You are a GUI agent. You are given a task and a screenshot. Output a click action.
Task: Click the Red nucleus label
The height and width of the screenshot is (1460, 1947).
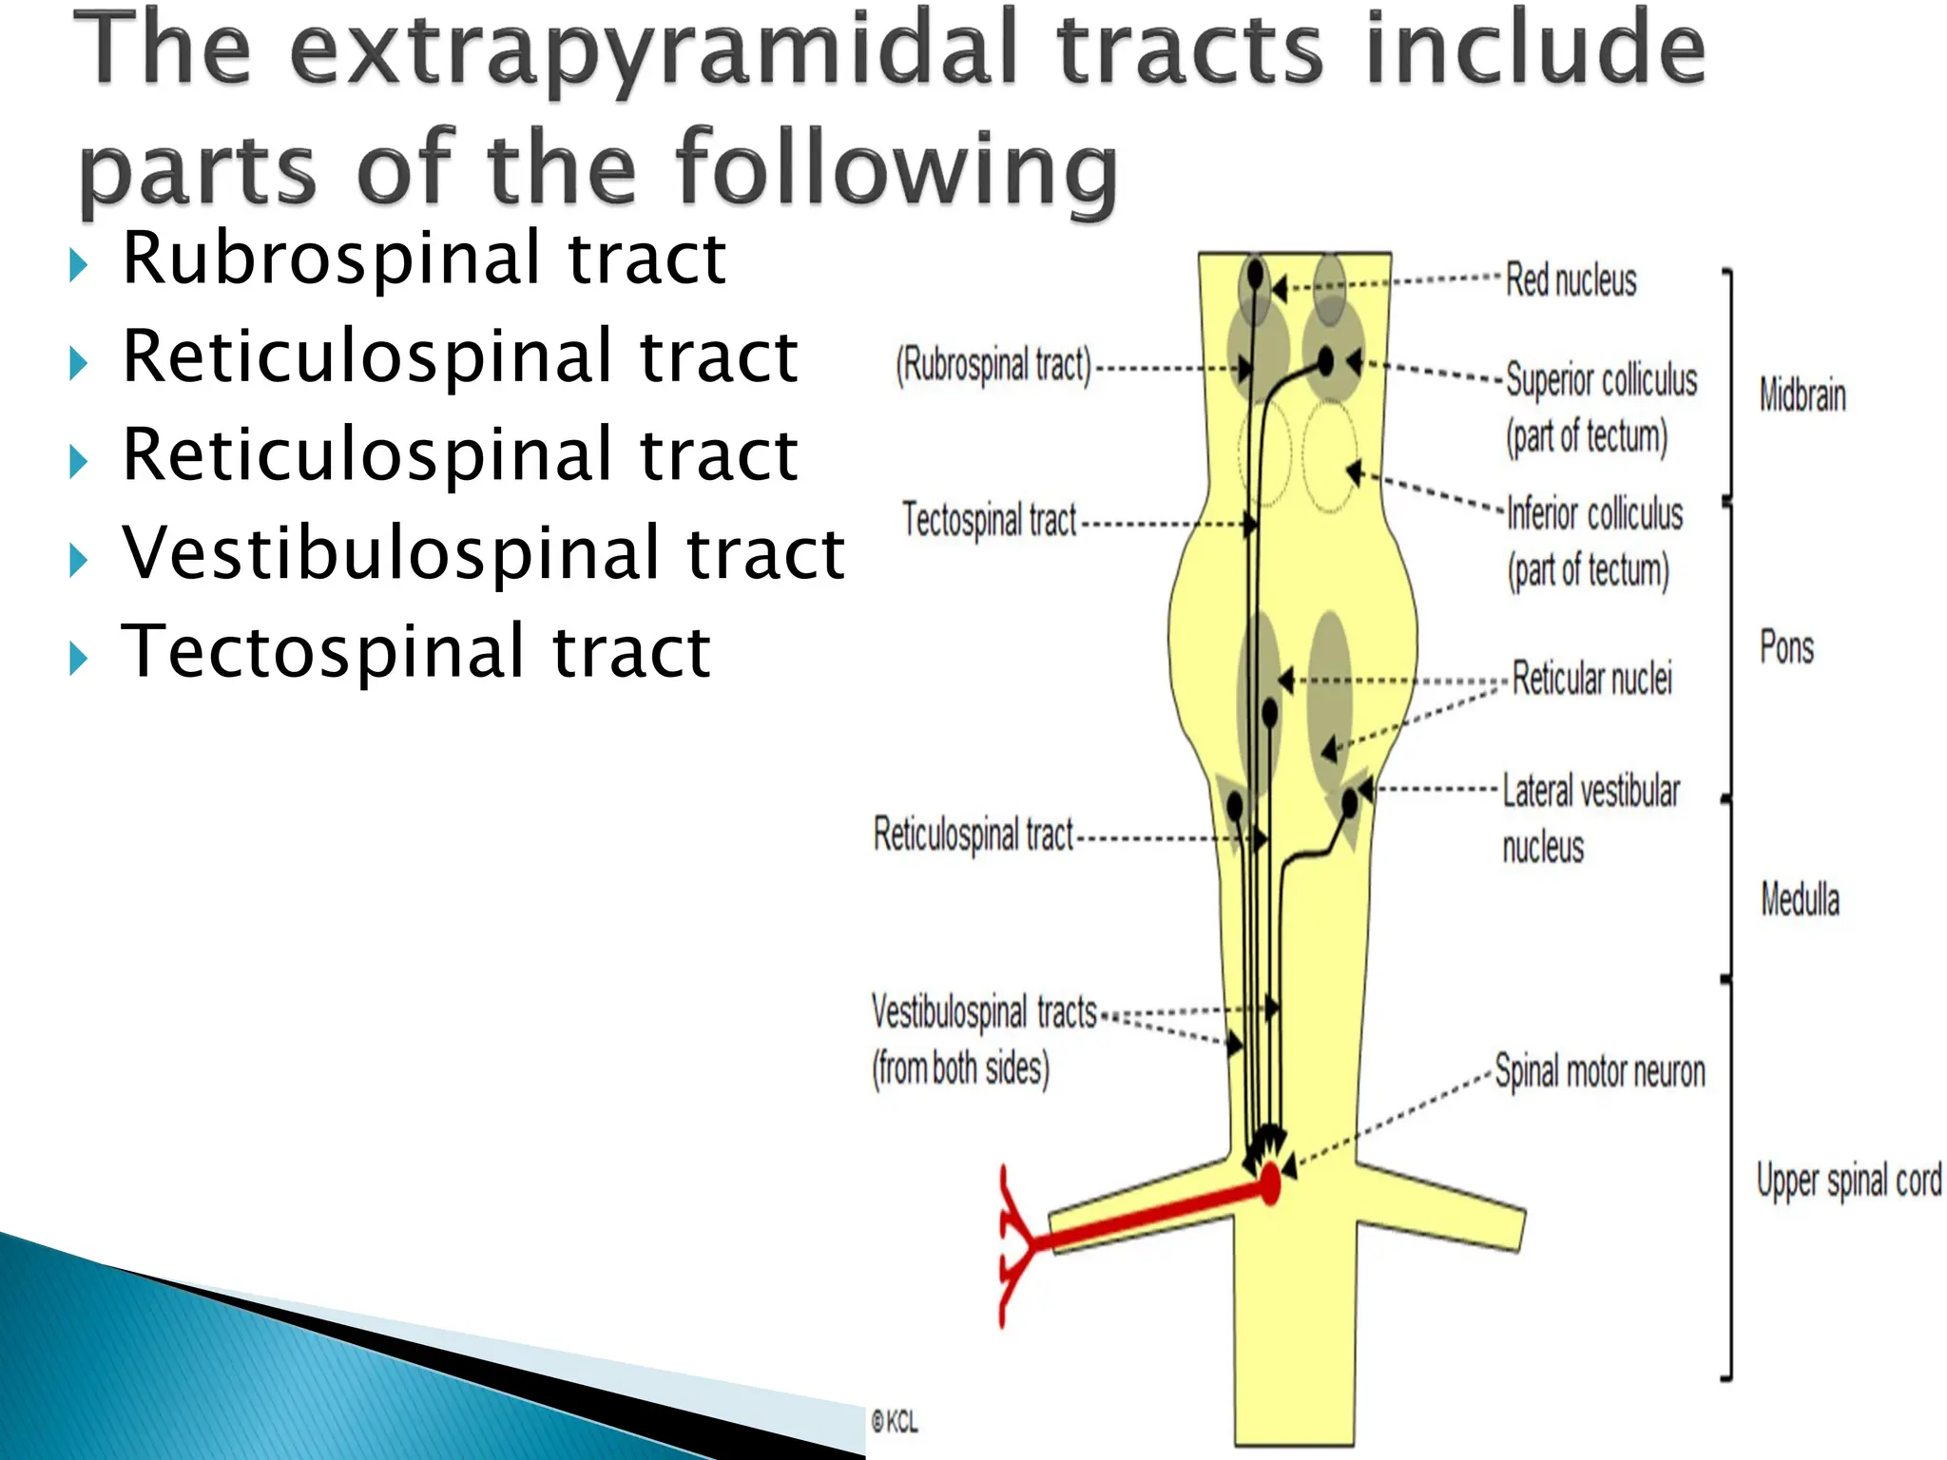[x=1571, y=280]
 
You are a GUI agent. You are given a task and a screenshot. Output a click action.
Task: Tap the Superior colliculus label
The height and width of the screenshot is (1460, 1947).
[x=1601, y=380]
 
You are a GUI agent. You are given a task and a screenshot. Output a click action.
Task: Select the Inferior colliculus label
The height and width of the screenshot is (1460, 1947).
[x=1594, y=514]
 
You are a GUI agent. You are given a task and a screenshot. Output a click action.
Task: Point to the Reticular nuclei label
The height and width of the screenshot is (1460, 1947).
[x=1591, y=679]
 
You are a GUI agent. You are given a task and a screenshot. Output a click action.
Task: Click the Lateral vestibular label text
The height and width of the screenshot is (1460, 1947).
[x=1590, y=791]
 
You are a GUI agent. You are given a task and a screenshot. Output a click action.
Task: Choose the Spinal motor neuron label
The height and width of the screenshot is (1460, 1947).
[x=1600, y=1071]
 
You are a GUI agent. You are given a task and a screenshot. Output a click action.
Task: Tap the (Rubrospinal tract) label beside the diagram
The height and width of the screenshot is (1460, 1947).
[x=993, y=365]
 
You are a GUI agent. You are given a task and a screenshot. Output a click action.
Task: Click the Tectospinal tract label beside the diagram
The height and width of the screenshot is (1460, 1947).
[x=989, y=520]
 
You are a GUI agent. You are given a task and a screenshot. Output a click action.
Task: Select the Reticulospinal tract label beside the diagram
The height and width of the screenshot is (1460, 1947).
[x=973, y=835]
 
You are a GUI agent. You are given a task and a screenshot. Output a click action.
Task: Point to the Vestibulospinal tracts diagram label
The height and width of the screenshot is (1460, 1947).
[x=984, y=1012]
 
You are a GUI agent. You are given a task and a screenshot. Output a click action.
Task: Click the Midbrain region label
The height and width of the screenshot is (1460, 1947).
[x=1802, y=395]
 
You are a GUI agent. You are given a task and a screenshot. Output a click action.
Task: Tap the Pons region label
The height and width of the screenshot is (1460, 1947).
[x=1786, y=647]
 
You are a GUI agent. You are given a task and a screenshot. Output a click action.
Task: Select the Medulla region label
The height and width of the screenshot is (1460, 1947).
[x=1800, y=899]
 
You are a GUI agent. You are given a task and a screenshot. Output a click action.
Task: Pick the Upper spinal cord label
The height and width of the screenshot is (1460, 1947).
[x=1848, y=1181]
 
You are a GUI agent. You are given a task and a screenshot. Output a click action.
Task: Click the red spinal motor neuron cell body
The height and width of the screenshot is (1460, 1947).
[x=1270, y=1184]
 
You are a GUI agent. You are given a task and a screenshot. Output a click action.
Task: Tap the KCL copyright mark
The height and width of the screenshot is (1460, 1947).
[x=895, y=1422]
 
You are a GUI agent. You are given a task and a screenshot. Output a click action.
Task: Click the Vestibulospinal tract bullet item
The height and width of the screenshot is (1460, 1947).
[x=483, y=552]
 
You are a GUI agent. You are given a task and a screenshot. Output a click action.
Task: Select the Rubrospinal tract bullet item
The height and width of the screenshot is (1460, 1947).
[x=424, y=258]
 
